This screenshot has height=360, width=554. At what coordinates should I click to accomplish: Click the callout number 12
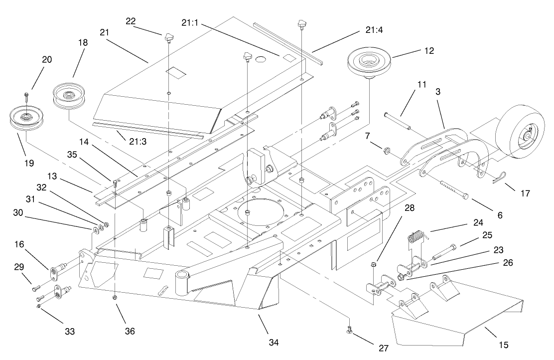(429, 51)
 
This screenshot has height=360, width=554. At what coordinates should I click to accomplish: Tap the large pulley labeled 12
(369, 63)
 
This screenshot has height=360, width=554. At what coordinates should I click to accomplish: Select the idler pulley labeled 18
(69, 94)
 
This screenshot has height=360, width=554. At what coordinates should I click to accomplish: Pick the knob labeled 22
(169, 36)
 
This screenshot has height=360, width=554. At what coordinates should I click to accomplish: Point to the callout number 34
(273, 343)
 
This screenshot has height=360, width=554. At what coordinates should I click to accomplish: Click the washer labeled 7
(387, 150)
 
